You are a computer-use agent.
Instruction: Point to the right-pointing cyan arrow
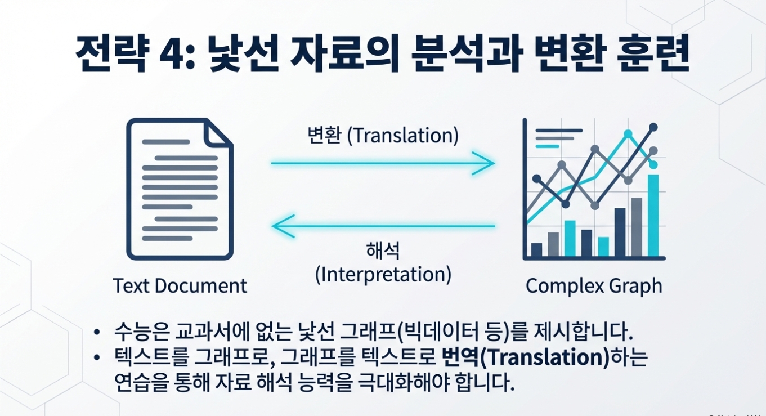pos(383,163)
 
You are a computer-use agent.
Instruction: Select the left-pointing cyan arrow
pos(383,226)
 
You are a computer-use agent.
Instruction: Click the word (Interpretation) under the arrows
pos(383,275)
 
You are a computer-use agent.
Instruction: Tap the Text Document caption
pos(180,285)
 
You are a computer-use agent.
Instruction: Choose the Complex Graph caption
pos(594,286)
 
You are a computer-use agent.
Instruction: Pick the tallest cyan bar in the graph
pos(653,215)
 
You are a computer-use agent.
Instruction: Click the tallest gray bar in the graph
pos(637,226)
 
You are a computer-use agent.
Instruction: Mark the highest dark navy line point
pos(653,127)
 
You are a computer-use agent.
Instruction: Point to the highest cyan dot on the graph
pos(629,134)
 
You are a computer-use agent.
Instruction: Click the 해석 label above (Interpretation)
pos(383,252)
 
